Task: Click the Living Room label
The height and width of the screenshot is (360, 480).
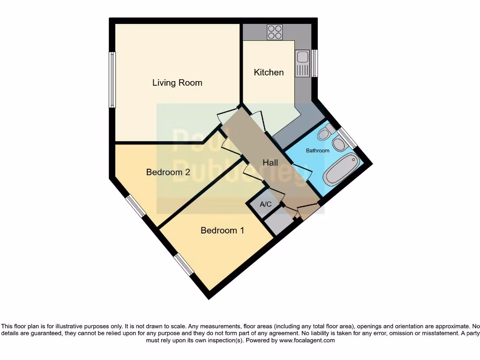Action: tap(177, 83)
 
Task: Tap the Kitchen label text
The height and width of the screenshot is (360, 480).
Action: tap(269, 72)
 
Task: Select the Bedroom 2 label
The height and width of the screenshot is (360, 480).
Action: tap(168, 172)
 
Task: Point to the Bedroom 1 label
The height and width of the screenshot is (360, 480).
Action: tap(222, 230)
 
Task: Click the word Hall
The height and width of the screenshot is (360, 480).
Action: tap(270, 163)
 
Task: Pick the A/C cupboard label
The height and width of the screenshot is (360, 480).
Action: tap(266, 204)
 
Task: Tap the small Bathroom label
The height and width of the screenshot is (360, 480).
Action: tap(317, 150)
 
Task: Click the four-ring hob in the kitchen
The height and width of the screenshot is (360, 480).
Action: tap(275, 32)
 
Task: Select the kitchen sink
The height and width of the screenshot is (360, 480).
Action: tap(302, 58)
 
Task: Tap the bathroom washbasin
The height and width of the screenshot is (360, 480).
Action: tap(339, 144)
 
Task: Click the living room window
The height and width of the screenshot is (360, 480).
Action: tap(112, 80)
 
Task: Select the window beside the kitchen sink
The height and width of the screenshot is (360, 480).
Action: tap(315, 63)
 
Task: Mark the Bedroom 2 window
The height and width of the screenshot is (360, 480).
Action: tap(135, 206)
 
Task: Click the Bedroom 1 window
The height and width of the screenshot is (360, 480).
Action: tap(183, 264)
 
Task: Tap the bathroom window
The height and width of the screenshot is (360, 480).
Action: tap(347, 138)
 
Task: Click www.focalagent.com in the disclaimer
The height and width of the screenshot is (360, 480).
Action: tap(307, 340)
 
